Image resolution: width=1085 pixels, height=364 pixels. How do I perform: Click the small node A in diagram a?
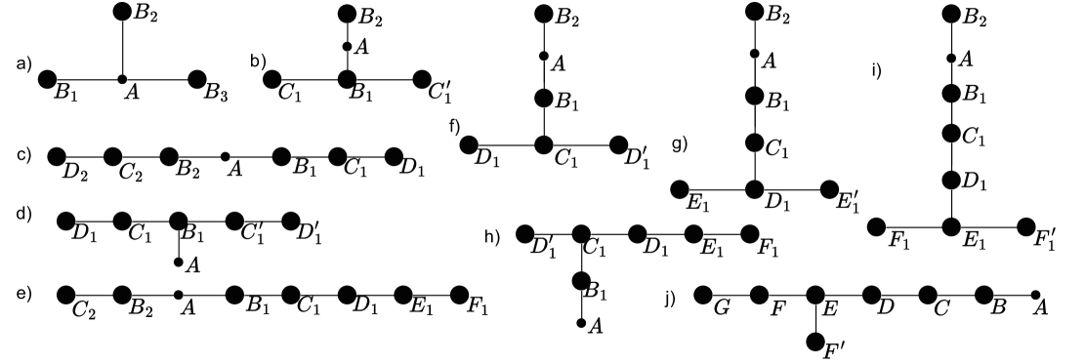[122, 78]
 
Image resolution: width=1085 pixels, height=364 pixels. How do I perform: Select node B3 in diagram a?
[197, 78]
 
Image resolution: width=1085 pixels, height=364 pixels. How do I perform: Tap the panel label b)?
[259, 63]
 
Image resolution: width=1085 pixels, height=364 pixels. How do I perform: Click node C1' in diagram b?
[422, 78]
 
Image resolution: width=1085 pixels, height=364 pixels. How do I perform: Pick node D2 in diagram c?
[56, 155]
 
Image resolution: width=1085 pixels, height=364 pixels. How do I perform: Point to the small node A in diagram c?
[226, 155]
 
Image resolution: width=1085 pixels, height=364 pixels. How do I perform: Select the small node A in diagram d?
[178, 262]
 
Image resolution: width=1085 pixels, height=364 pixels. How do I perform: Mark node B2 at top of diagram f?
[544, 13]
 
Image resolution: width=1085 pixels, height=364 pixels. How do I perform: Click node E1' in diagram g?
[829, 188]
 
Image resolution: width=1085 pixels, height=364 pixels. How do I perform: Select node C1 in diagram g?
[754, 142]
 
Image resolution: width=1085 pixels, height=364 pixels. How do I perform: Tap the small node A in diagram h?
[581, 322]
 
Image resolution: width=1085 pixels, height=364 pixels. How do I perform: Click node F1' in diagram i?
[1026, 226]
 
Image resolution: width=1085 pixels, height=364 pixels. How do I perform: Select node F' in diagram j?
[816, 341]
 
